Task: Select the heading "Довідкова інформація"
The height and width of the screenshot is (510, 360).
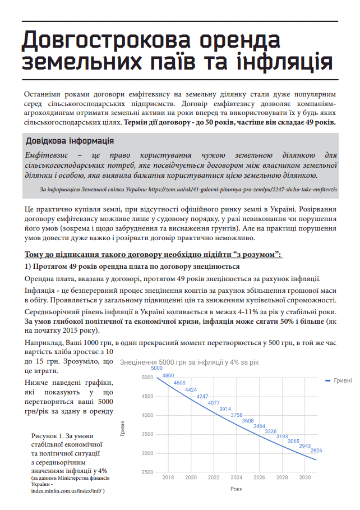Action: pos(70,140)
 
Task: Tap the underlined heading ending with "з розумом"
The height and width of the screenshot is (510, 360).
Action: pos(154,254)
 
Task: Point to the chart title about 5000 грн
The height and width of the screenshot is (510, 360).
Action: pos(190,363)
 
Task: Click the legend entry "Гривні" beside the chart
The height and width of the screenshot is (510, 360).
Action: pos(343,380)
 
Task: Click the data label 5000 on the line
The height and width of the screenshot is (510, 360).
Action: pos(156,368)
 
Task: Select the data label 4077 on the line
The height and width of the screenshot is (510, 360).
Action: pos(214,403)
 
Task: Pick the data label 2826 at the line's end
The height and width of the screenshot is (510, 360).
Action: pos(316,451)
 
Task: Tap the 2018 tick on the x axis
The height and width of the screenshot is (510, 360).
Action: pos(168,477)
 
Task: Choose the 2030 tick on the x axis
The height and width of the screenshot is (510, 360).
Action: pos(305,477)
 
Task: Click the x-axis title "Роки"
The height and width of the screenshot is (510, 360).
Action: pos(236,489)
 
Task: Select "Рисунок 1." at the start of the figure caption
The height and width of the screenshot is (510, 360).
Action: pos(49,436)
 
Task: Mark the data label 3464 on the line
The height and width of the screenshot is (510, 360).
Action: pos(259,426)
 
